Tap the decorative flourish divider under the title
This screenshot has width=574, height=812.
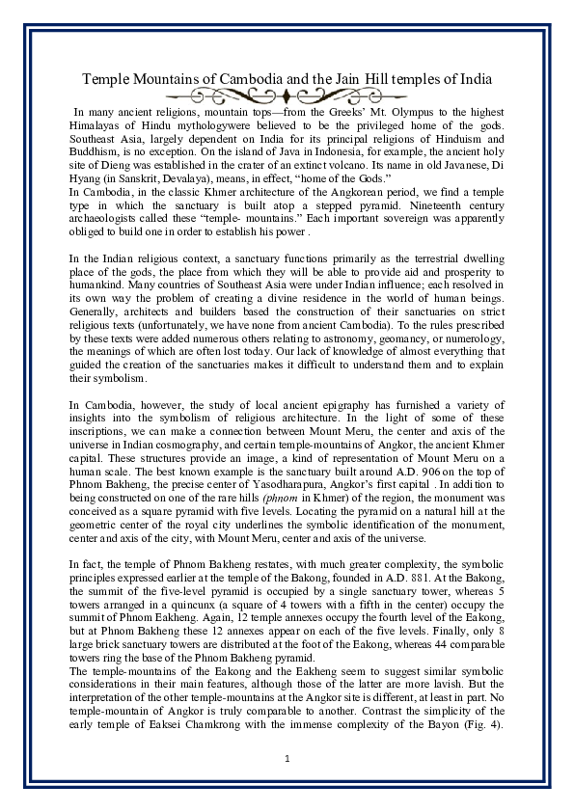(x=287, y=95)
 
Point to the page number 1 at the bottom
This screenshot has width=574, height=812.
(x=287, y=759)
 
